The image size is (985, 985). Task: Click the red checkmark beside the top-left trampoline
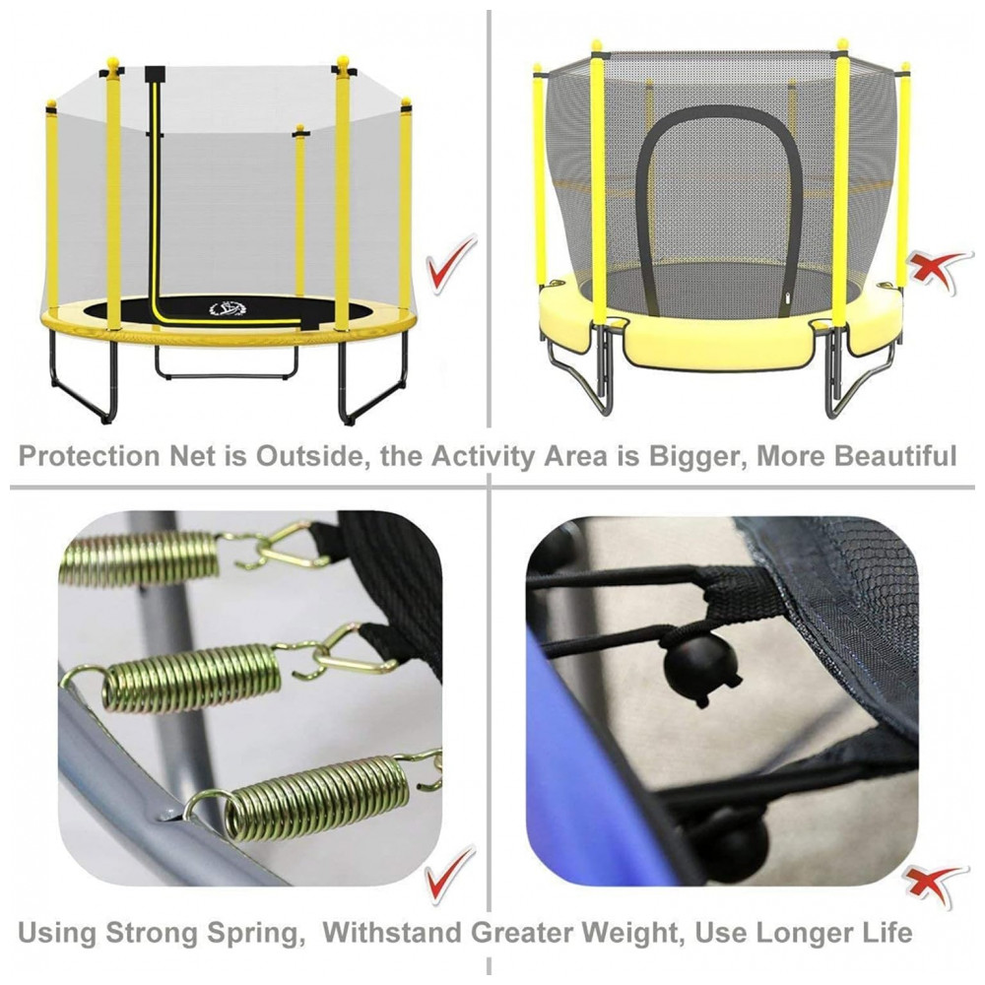[x=451, y=263]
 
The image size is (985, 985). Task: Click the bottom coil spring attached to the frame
[x=317, y=798]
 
